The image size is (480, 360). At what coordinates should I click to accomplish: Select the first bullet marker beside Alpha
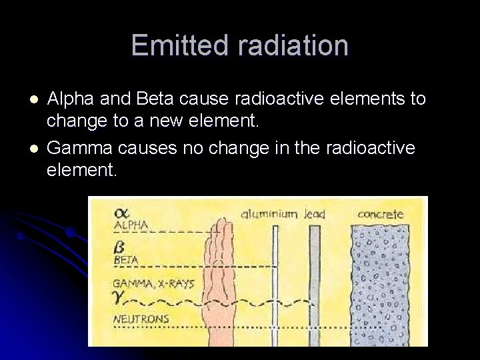(x=33, y=99)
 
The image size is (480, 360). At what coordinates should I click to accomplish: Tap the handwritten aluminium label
(x=269, y=214)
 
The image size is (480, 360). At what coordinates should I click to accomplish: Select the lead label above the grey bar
(x=315, y=214)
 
